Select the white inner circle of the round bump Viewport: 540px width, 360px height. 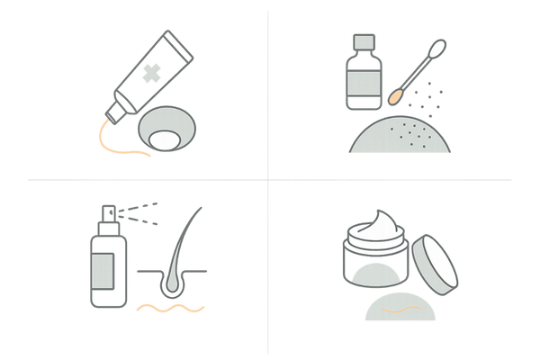pyautogui.click(x=166, y=139)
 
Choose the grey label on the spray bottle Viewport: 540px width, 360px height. pyautogui.click(x=104, y=269)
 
